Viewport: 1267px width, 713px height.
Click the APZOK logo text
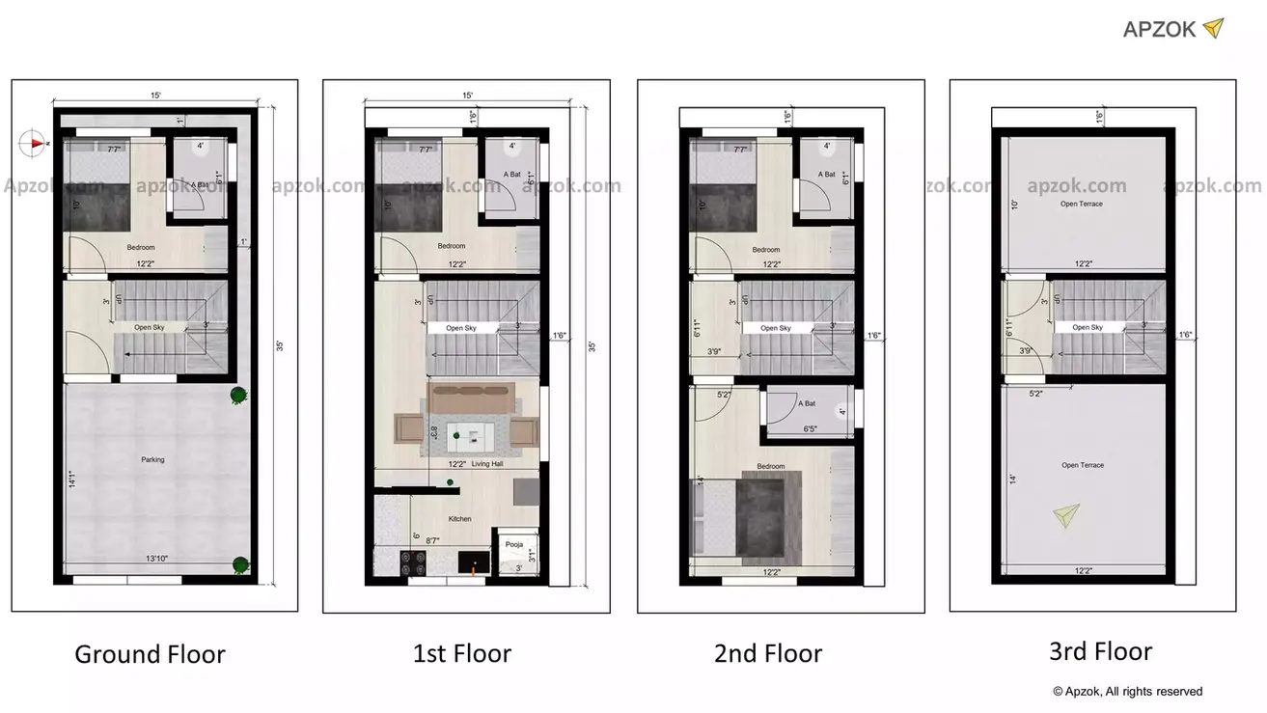(x=1160, y=29)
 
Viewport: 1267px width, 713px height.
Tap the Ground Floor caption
(x=150, y=654)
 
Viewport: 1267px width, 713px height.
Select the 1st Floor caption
(x=462, y=653)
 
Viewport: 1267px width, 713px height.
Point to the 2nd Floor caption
(x=768, y=653)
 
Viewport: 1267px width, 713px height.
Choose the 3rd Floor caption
(x=1100, y=651)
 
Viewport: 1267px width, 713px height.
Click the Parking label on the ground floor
(x=152, y=459)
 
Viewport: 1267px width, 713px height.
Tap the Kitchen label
(x=460, y=519)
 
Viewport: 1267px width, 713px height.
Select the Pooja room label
(x=514, y=544)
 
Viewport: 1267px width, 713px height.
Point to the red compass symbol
(x=34, y=143)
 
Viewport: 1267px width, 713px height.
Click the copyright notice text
(x=1127, y=691)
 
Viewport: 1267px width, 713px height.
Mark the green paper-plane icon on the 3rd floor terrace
(x=1065, y=515)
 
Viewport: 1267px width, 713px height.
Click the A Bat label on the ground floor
(x=201, y=184)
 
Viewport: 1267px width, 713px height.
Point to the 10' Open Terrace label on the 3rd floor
(x=1081, y=204)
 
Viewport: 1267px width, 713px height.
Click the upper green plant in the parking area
(x=236, y=394)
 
